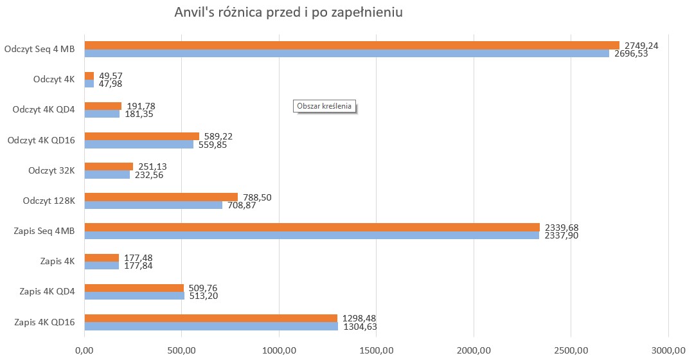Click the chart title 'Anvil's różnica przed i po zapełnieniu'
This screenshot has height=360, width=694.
[289, 14]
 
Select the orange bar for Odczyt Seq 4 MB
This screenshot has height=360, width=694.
[351, 45]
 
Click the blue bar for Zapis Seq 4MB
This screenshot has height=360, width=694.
[312, 235]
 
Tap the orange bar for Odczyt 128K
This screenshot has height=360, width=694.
[161, 197]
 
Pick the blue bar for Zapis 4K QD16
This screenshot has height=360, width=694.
[211, 327]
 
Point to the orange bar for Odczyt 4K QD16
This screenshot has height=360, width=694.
[141, 136]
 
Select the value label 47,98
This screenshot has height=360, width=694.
[111, 84]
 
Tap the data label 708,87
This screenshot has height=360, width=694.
[242, 205]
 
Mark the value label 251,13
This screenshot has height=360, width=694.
[152, 166]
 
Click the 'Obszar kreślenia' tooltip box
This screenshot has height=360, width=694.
[325, 106]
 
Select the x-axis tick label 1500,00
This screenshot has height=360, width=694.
[377, 350]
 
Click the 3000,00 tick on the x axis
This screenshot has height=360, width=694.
[668, 350]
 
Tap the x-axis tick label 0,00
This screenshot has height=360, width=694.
[84, 350]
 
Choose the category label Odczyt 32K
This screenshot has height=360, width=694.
[51, 170]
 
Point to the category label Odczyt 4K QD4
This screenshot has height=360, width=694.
[44, 109]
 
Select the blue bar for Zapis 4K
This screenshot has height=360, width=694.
[102, 265]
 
